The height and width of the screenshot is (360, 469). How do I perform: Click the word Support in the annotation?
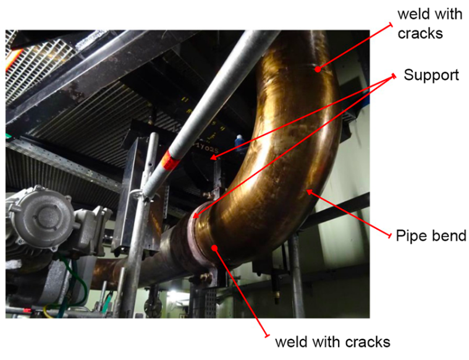click(x=431, y=75)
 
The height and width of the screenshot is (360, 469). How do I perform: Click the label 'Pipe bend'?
click(x=431, y=236)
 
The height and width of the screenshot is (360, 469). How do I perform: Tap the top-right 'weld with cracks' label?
click(x=420, y=22)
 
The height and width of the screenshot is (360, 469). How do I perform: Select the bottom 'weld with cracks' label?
click(x=332, y=341)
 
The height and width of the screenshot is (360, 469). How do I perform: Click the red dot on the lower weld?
click(x=214, y=248)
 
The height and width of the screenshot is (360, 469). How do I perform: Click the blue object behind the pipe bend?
click(x=239, y=139)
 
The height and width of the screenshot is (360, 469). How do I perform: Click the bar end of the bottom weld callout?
click(x=267, y=335)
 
